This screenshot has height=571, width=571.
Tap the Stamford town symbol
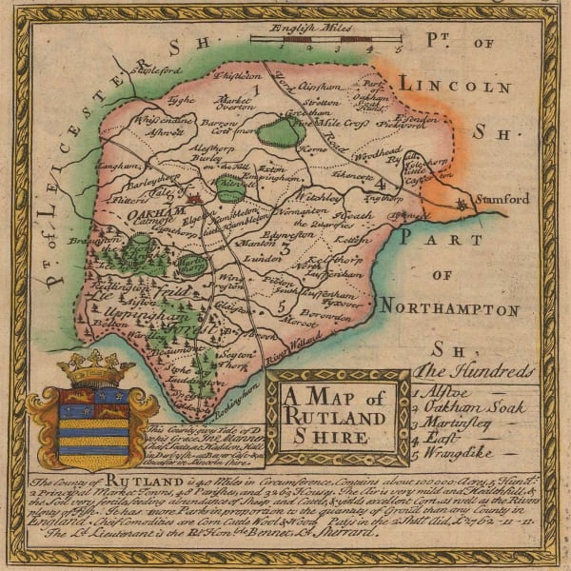coord(463,204)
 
